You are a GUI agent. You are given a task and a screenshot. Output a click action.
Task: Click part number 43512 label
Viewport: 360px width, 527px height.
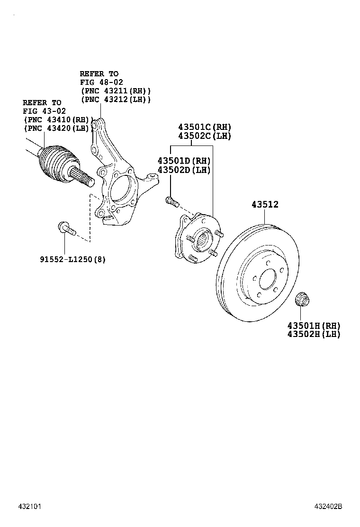265,205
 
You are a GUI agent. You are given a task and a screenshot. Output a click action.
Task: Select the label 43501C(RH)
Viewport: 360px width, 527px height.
204,127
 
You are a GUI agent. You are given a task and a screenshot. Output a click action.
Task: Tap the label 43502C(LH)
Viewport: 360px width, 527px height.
204,136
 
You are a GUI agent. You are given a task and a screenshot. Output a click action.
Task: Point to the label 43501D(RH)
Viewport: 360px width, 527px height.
184,161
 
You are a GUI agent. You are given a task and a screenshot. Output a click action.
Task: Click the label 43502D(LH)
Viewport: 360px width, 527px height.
184,170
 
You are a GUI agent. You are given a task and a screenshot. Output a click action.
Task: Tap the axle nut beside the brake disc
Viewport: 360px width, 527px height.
301,300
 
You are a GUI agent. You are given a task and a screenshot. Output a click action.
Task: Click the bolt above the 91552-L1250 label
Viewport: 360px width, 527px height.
66,228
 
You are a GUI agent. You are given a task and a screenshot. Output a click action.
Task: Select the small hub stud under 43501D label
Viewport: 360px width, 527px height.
171,201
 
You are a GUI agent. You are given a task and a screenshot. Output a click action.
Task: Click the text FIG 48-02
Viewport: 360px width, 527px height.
101,82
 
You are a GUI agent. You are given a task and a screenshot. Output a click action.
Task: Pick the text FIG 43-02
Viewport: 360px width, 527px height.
44,111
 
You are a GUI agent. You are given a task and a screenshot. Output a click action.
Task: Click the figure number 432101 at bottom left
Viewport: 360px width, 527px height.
31,506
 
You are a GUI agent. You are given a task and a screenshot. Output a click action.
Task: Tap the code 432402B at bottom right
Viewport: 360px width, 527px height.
328,506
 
